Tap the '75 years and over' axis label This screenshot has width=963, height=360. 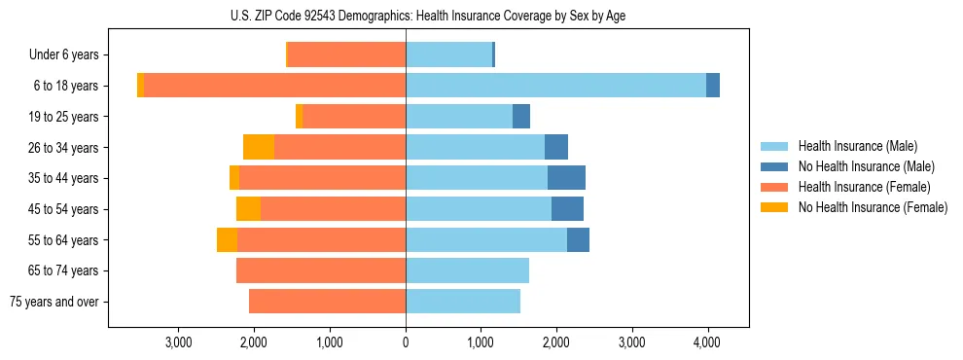point(53,302)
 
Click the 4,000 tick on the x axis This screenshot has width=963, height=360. point(707,342)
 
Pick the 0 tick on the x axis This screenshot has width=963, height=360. point(406,342)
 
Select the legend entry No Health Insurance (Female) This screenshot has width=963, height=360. point(873,207)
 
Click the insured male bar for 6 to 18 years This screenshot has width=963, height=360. point(555,86)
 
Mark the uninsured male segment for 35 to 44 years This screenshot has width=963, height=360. point(566,178)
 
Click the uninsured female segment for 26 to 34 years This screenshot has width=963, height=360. point(259,148)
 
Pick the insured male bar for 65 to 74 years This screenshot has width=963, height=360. point(467,270)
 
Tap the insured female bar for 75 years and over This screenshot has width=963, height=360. point(327,302)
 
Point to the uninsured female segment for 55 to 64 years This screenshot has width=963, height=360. point(227,240)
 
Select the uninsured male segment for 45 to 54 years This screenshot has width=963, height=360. point(567,209)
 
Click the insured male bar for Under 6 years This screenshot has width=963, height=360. point(448,55)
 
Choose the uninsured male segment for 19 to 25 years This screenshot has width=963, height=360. point(521,117)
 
